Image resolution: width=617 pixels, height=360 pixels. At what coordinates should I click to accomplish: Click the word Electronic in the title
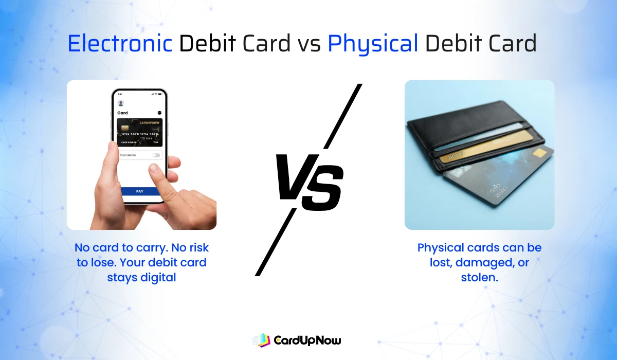pos(120,44)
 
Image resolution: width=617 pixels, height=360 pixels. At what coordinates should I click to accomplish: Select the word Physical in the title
pos(373,44)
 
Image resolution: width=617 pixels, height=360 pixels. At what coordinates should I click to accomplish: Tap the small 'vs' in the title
pos(308,45)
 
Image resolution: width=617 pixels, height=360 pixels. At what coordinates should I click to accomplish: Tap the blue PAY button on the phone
pos(140,191)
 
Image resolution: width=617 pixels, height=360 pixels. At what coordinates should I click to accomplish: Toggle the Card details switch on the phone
pos(156,155)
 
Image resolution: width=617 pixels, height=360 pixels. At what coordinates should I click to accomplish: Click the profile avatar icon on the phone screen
pos(121,103)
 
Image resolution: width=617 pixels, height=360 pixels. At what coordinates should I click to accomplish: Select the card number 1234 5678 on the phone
pos(131,134)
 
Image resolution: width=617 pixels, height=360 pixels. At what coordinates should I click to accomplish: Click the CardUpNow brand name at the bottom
pos(307,340)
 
